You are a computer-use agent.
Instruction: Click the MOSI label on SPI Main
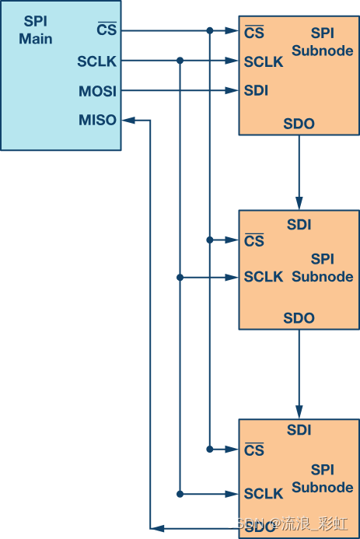click(97, 91)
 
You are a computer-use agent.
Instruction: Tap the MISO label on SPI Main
click(97, 120)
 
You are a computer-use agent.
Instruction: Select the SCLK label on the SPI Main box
click(97, 61)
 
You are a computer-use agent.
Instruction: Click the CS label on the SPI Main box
click(106, 31)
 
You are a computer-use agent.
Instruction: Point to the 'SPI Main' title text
click(35, 30)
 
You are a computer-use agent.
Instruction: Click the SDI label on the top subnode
click(256, 91)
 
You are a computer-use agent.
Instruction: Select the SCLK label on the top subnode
click(264, 61)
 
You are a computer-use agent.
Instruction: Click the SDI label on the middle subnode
click(299, 225)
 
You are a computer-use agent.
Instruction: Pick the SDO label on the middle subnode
click(299, 318)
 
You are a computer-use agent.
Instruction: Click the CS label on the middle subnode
click(253, 241)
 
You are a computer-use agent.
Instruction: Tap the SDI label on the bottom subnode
click(299, 429)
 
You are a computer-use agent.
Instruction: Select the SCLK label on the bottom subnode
click(264, 494)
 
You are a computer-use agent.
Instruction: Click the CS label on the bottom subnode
click(253, 450)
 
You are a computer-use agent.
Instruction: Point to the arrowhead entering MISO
click(129, 120)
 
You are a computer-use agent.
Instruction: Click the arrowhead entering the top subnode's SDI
click(232, 91)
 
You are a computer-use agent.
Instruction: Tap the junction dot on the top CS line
click(210, 31)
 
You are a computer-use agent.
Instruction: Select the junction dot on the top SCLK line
click(180, 61)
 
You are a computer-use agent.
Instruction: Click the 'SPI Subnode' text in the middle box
click(323, 267)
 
